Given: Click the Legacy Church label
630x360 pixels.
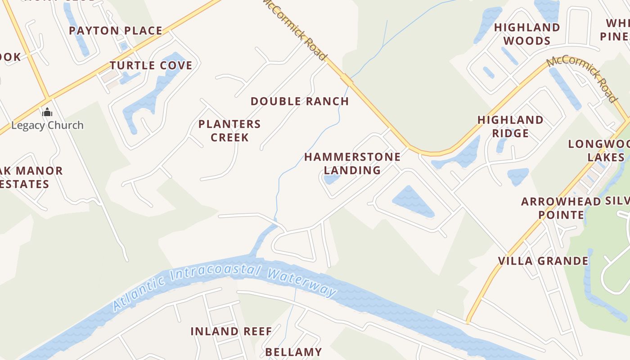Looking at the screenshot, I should [x=47, y=125].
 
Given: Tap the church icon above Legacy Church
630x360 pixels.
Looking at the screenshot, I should [x=47, y=112].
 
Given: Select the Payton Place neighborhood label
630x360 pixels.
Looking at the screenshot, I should [x=115, y=31].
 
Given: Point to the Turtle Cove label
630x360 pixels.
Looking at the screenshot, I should [x=151, y=65].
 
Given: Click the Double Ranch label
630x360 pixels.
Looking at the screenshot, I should [x=300, y=101].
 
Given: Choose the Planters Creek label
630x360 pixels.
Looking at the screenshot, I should [x=229, y=130].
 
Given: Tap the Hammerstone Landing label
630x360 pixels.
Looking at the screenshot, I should [x=352, y=163].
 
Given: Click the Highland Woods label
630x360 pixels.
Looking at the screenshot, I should [x=527, y=34].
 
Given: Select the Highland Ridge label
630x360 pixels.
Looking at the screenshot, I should [x=510, y=126].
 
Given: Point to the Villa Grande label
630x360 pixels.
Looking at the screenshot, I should [x=543, y=261].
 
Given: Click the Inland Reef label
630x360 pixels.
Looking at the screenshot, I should [x=231, y=332].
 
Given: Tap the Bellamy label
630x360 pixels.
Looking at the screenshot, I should [x=293, y=352].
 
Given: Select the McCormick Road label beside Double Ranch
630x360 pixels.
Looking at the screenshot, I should [x=294, y=30].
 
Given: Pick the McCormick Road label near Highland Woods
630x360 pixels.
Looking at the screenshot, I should [x=582, y=79].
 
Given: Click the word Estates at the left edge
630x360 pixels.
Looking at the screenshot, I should [x=25, y=184].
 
